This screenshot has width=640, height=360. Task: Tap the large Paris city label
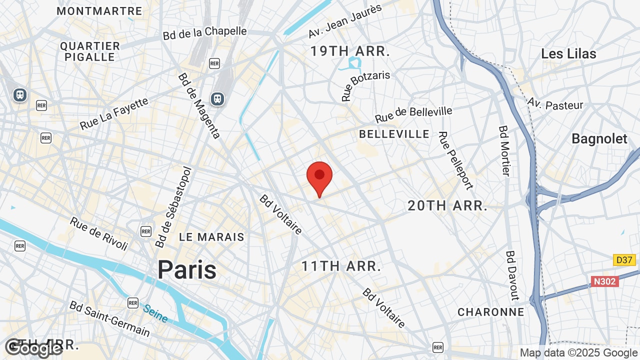[x=187, y=270]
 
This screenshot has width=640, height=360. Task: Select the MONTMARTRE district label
[x=99, y=10]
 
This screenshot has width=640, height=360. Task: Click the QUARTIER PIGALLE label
[x=90, y=51]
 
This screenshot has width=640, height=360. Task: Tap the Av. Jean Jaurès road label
[x=345, y=21]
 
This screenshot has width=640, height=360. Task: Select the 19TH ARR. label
[x=350, y=51]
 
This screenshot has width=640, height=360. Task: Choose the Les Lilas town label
[x=568, y=53]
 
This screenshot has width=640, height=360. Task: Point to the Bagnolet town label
[x=599, y=138]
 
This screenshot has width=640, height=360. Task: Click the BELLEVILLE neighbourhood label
[x=394, y=134]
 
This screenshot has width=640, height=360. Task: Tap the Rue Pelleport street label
[x=455, y=160]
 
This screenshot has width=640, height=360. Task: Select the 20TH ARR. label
[x=447, y=205]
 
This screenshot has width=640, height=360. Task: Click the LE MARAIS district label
[x=211, y=237]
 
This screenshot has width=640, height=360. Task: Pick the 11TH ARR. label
[x=341, y=266]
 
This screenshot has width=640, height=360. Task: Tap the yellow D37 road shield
[x=624, y=260]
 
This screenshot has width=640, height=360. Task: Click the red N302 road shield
[x=604, y=281]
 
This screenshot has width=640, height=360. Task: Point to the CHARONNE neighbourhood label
[x=491, y=312]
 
